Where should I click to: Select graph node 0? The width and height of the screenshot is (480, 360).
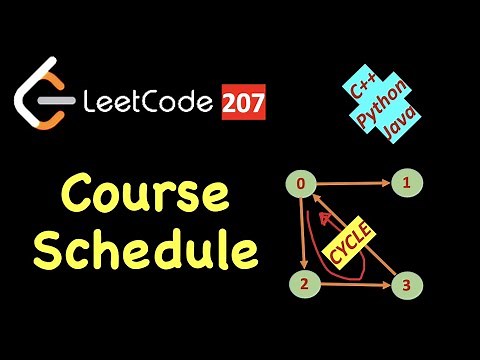tap(298, 185)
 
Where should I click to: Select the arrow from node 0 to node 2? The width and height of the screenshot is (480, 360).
tap(298, 235)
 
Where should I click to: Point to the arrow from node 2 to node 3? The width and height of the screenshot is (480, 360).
tap(352, 285)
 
